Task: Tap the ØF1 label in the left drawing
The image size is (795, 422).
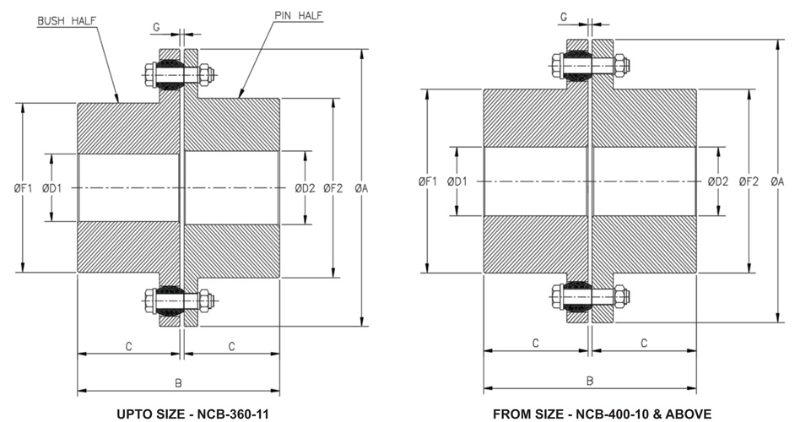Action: tap(21, 188)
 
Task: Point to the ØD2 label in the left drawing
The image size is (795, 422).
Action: tap(305, 188)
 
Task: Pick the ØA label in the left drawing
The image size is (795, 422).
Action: tap(363, 188)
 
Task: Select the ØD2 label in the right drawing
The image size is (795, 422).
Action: tap(717, 181)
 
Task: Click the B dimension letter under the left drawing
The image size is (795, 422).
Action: tap(178, 383)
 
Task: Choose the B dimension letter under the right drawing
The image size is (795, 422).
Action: tap(589, 381)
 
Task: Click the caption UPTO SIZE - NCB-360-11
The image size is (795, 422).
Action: tap(181, 413)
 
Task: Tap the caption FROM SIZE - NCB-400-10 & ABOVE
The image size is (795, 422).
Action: tap(588, 413)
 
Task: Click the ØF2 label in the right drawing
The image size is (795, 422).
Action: tap(748, 181)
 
